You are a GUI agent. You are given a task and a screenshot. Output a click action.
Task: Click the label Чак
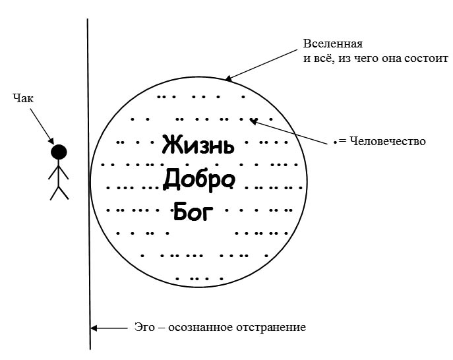pos(23,98)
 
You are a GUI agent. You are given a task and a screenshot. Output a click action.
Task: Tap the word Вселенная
pos(332,44)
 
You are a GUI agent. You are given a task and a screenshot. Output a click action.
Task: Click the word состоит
pos(426,58)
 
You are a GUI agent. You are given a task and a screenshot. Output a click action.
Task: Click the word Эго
pos(144,327)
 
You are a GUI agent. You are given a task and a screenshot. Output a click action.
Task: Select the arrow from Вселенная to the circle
pos(262,65)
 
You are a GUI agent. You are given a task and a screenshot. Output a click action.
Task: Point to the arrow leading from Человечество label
pos(290,131)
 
